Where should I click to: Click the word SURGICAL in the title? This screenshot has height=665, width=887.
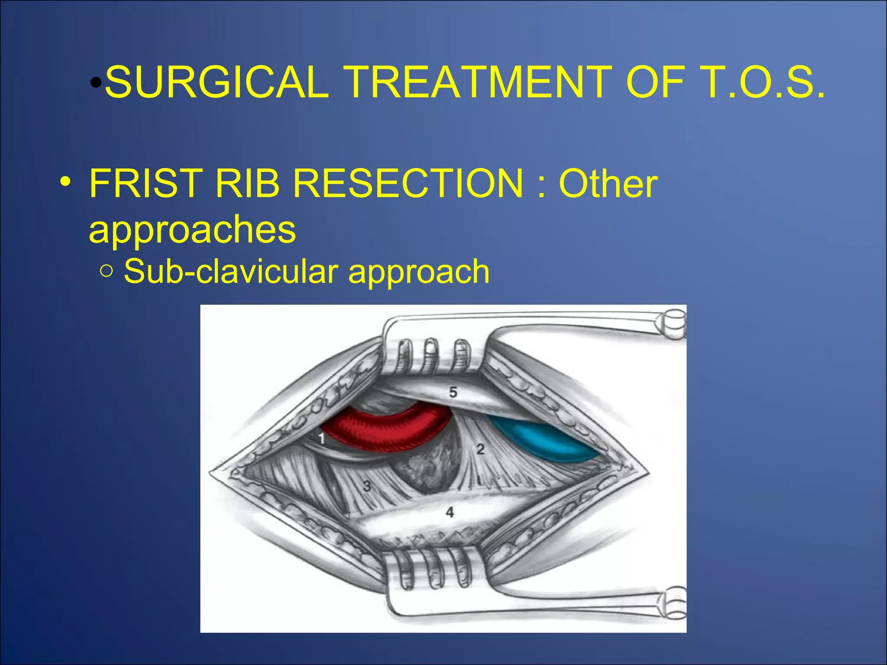coord(217,82)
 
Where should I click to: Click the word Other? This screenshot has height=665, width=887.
coord(608,184)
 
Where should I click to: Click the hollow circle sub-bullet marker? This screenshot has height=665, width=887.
coord(106,272)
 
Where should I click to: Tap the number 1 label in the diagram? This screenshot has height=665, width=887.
coord(321,439)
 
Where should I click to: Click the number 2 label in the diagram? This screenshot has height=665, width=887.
coord(480,449)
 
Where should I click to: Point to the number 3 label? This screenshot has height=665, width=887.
coord(367,486)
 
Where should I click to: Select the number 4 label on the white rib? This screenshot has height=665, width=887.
coord(450,512)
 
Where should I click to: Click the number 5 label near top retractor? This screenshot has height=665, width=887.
coord(453,392)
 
